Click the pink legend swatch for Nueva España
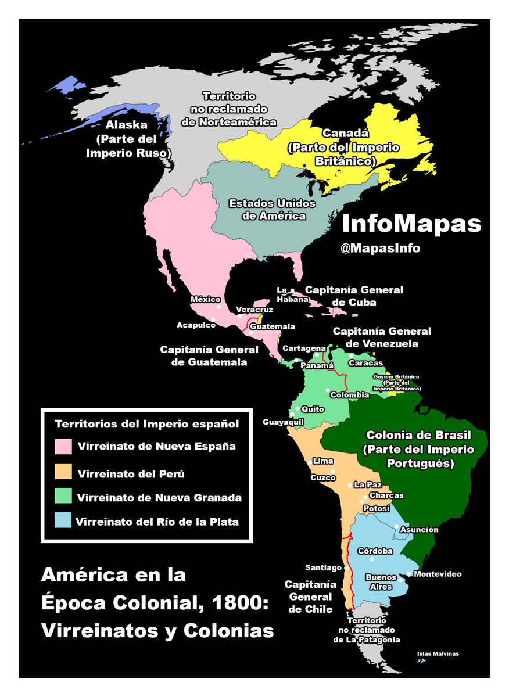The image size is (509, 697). click(63, 447)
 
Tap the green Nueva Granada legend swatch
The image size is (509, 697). click(63, 497)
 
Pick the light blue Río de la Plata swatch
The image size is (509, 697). click(63, 521)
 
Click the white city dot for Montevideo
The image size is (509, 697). click(409, 574)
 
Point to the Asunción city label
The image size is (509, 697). click(420, 530)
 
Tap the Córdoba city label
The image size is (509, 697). click(375, 551)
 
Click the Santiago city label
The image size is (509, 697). click(324, 567)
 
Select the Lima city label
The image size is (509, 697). click(322, 460)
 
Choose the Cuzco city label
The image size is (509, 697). click(323, 477)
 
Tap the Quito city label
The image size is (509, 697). click(313, 409)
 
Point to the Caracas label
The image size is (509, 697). click(365, 363)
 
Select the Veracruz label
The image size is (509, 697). click(254, 310)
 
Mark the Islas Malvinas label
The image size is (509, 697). click(438, 654)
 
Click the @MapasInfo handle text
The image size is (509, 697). click(380, 248)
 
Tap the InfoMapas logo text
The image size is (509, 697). click(411, 224)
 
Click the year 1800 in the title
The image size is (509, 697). click(237, 603)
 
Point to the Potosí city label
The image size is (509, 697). click(376, 508)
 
